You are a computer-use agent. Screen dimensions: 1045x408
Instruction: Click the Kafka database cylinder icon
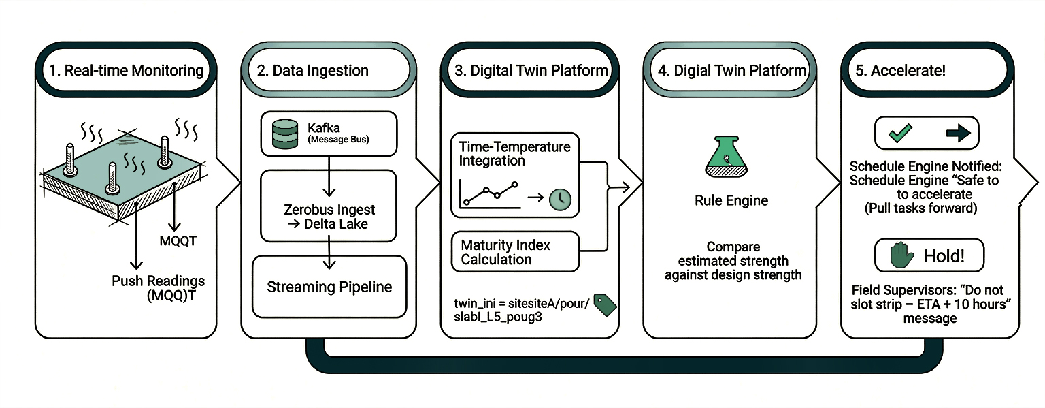click(x=285, y=134)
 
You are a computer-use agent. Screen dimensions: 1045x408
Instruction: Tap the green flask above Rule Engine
click(x=727, y=157)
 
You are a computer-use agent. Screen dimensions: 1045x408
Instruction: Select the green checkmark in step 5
click(x=900, y=133)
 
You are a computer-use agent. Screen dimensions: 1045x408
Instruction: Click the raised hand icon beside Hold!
click(x=901, y=255)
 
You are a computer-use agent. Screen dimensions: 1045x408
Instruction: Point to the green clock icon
click(x=561, y=200)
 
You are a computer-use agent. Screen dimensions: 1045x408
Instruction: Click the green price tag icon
click(x=605, y=305)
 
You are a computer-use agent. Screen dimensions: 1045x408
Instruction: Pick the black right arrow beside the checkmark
click(x=958, y=134)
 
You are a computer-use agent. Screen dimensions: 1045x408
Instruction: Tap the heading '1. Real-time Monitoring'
click(x=127, y=70)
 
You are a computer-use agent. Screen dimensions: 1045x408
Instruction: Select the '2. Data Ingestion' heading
click(x=312, y=70)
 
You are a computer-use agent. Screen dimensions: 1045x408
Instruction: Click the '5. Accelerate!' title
click(x=900, y=70)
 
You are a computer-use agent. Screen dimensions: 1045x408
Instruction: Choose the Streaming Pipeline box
click(x=329, y=287)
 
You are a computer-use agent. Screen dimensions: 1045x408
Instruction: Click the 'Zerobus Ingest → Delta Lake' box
click(x=329, y=206)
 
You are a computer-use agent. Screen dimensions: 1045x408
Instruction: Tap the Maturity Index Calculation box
click(x=516, y=251)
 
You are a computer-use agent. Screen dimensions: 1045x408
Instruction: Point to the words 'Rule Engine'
click(x=731, y=200)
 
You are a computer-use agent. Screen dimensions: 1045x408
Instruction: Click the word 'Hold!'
click(x=944, y=256)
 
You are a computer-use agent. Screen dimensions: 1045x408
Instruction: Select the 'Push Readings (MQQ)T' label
click(x=158, y=288)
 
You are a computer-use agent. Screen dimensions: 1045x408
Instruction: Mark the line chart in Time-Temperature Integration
click(x=491, y=193)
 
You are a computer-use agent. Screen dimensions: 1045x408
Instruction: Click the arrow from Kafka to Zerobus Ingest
click(x=329, y=176)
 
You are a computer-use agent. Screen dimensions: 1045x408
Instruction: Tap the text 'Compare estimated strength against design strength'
click(x=733, y=260)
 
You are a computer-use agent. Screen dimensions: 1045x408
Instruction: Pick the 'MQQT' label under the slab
click(x=178, y=241)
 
